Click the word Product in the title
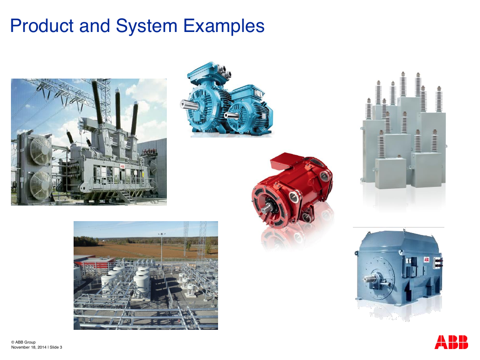click(42, 26)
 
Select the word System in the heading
click(147, 26)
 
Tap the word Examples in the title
click(224, 26)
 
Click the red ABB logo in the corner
click(451, 342)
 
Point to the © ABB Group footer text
click(23, 342)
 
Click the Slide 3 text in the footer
click(56, 347)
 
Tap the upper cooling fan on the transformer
click(40, 150)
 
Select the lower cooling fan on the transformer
click(41, 185)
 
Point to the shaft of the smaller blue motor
click(229, 115)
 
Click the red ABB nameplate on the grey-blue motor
click(427, 259)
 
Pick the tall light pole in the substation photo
click(162, 248)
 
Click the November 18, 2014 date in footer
click(29, 347)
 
